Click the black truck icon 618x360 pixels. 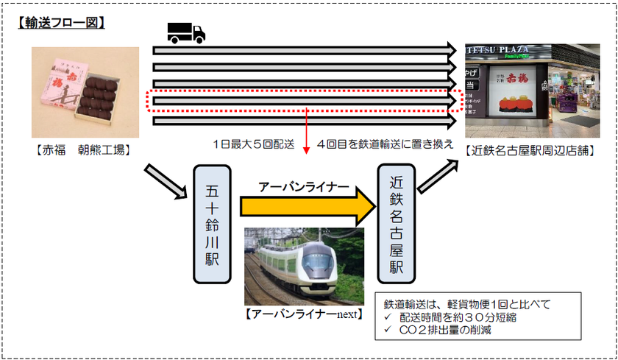coord(185,32)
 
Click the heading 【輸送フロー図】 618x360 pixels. coord(61,23)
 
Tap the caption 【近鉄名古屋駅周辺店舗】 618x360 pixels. coord(528,151)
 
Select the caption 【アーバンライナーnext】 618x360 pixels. coord(303,314)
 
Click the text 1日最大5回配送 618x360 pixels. coord(252,143)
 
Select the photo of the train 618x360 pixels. coord(304,266)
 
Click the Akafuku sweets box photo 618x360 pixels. coord(85,93)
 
